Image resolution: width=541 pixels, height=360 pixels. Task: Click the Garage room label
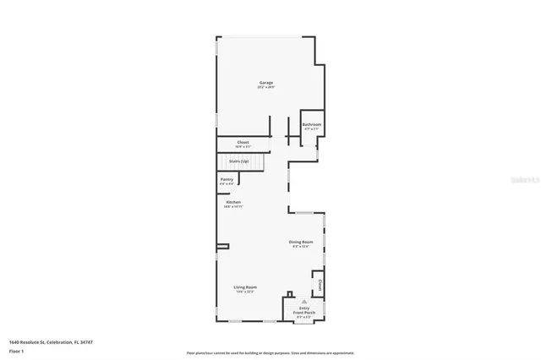pos(266,82)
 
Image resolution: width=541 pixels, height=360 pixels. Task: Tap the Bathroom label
pos(311,124)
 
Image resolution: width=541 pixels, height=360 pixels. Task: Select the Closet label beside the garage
pos(243,142)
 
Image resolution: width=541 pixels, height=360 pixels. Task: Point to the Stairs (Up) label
pos(238,161)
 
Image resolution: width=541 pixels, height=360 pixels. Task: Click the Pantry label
pos(227,179)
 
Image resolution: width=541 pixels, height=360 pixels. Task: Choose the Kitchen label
pos(233,202)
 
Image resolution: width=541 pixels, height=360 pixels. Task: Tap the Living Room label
pos(245,286)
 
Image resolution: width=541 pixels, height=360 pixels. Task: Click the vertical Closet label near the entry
pos(320,284)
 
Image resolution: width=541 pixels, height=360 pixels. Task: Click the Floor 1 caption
pos(16,350)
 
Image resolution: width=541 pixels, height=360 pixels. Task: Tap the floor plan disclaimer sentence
pos(270,352)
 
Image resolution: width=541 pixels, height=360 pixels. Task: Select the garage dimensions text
pos(266,87)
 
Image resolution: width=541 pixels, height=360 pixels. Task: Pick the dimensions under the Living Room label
pos(245,292)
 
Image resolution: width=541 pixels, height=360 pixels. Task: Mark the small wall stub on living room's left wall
pos(222,246)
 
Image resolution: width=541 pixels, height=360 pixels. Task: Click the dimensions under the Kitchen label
pos(233,207)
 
